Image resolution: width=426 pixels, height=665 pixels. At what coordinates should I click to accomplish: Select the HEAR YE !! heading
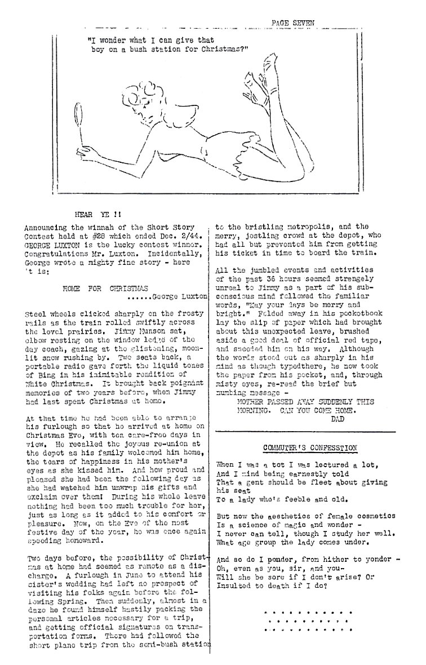pyautogui.click(x=96, y=214)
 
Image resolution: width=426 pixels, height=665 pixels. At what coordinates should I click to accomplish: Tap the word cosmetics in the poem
pyautogui.click(x=367, y=516)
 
